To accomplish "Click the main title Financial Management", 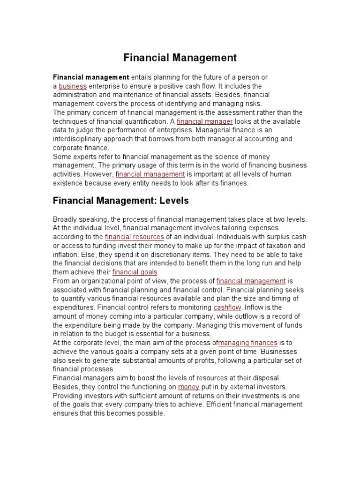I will (x=180, y=58).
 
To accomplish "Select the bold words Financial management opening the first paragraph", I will (x=91, y=77).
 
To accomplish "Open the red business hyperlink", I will (x=73, y=86).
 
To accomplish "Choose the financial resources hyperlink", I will (x=135, y=237).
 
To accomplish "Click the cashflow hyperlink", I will (x=227, y=307).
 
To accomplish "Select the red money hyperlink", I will (x=189, y=387).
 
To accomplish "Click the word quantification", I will (x=148, y=121).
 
